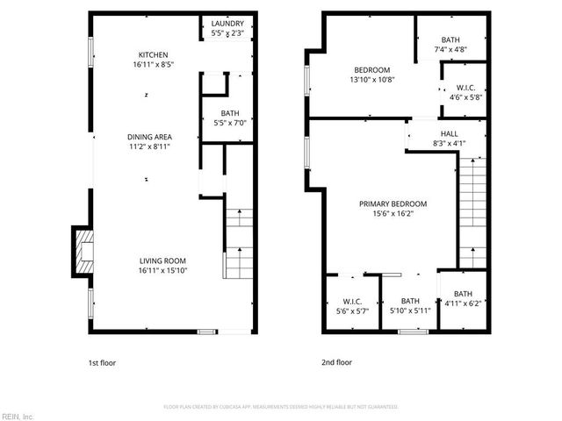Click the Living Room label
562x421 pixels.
[x=162, y=260]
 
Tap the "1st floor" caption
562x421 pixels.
[x=102, y=362]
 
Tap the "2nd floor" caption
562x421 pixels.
[x=337, y=362]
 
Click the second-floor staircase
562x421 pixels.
[x=472, y=210]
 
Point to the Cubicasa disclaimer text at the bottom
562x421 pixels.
[x=281, y=407]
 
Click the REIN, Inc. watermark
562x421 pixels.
[x=17, y=416]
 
